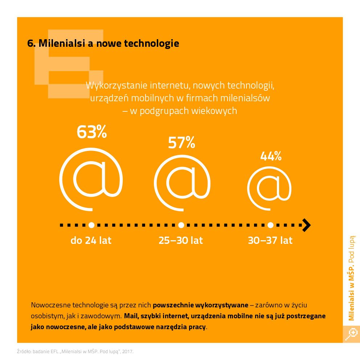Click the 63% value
coord(91,132)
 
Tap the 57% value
coord(181,143)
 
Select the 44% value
coord(271,156)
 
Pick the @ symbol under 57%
coord(182,185)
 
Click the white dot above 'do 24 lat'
coord(91,225)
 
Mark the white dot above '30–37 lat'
coord(270,225)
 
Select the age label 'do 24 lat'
coord(91,241)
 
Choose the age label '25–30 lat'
coord(181,241)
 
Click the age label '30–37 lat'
coord(270,241)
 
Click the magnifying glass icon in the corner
coord(352,334)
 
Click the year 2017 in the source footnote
coord(128,352)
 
